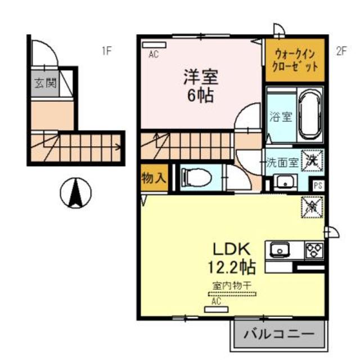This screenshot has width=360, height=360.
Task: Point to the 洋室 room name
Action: [199, 76]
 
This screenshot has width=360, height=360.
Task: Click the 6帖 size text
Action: [200, 95]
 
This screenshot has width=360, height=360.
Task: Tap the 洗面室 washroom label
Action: [282, 163]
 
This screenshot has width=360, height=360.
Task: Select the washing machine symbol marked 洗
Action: [312, 160]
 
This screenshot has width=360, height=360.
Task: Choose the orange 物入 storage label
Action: [153, 178]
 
